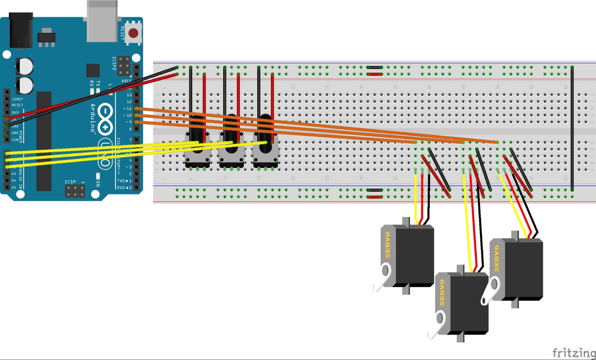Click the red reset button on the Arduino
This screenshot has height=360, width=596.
133,33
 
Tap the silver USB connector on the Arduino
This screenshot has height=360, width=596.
102,21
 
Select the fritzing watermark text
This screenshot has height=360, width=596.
574,352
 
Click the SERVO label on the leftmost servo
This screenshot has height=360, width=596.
388,245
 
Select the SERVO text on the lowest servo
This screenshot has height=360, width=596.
442,292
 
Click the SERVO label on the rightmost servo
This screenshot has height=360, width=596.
497,258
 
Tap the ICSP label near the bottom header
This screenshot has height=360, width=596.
70,182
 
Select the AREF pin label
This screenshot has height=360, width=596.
126,81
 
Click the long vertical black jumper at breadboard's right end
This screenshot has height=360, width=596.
572,128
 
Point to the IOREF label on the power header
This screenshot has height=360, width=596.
17,99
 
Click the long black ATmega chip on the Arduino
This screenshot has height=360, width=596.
44,141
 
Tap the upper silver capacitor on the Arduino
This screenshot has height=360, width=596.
25,66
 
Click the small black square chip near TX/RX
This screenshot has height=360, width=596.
93,70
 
